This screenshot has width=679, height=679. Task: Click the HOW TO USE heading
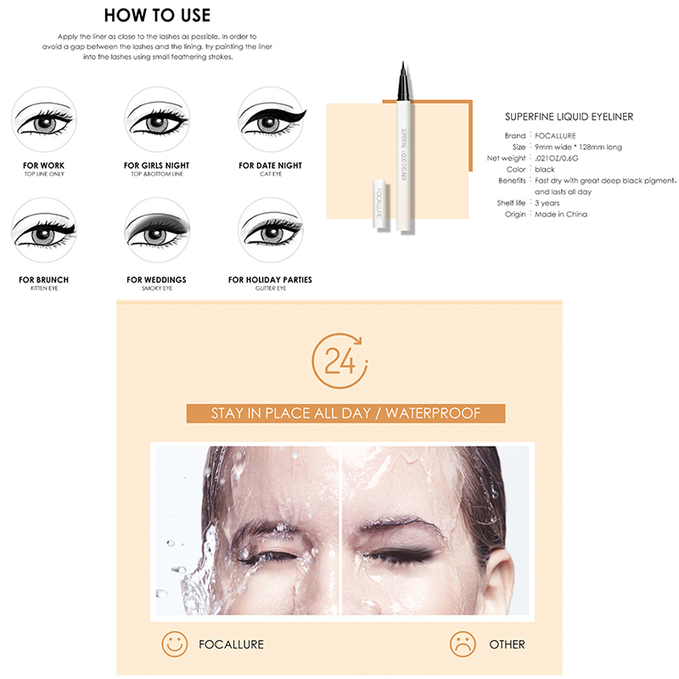tap(157, 15)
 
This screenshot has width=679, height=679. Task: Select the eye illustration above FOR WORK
tap(44, 119)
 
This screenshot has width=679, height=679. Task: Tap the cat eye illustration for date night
tap(272, 119)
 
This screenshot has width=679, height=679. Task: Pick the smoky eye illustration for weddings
tap(157, 230)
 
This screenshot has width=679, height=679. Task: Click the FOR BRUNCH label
tap(44, 280)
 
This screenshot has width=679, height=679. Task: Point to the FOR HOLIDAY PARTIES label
tap(270, 280)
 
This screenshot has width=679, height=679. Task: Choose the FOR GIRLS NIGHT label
tap(157, 166)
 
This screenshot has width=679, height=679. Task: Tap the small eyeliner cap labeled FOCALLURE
tap(379, 203)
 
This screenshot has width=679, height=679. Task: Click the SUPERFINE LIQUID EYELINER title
tap(569, 116)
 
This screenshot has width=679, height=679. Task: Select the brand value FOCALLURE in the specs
tap(555, 136)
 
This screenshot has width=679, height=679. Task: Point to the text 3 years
tap(547, 203)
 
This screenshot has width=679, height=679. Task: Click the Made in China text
tap(561, 214)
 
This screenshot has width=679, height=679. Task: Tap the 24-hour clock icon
tap(339, 360)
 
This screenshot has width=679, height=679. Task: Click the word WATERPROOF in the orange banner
tap(433, 413)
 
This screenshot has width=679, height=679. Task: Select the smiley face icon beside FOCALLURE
tap(175, 643)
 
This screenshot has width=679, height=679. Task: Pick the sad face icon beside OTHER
tap(463, 643)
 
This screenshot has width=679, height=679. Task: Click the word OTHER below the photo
tap(507, 644)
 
